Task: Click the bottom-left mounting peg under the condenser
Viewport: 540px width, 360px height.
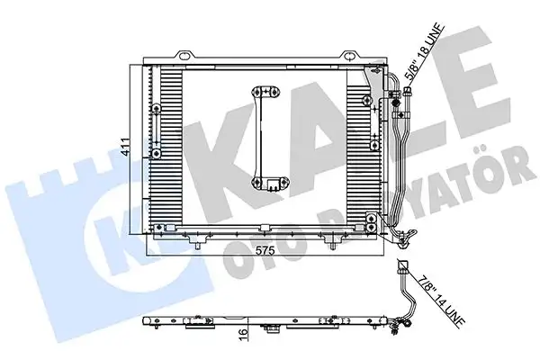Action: tap(195, 240)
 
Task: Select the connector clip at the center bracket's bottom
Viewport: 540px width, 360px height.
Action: tap(269, 186)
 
